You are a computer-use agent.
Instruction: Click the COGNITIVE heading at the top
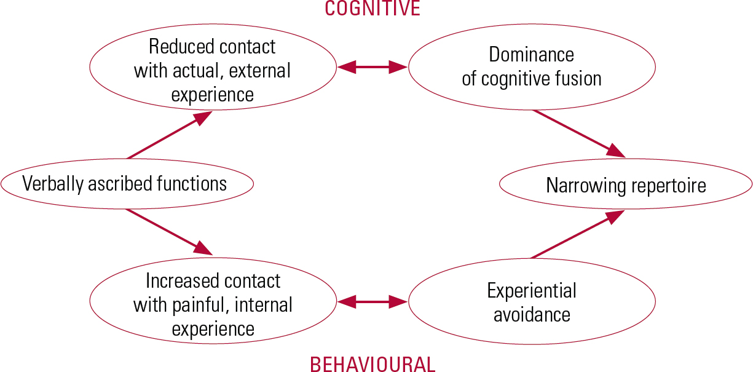(x=373, y=8)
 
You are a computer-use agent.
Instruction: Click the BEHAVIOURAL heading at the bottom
(x=373, y=363)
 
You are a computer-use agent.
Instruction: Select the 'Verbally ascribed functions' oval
(x=127, y=183)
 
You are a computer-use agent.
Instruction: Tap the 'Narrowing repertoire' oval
(x=626, y=185)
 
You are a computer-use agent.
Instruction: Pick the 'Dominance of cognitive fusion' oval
(x=531, y=66)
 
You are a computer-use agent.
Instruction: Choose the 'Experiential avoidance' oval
(x=531, y=302)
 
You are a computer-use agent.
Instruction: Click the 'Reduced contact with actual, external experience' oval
(x=213, y=70)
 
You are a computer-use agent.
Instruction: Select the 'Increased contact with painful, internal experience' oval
(x=213, y=304)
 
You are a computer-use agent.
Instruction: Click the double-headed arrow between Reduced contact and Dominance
(x=373, y=67)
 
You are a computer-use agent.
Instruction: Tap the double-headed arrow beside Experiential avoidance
(x=373, y=301)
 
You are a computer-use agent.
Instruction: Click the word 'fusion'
(x=576, y=79)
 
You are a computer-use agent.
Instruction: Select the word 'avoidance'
(x=532, y=315)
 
